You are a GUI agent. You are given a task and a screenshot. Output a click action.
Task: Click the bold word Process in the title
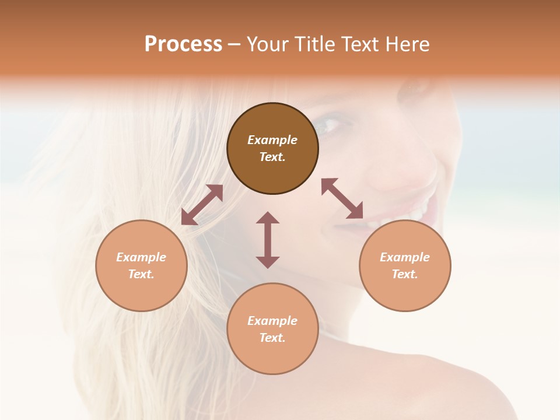coord(183,44)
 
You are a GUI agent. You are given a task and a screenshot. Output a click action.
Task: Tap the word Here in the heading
coord(408,44)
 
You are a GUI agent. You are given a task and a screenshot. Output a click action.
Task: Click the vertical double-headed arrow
coord(268,240)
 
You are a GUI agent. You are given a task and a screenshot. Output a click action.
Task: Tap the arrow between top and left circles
coord(202,204)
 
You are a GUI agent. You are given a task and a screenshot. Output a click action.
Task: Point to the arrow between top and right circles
coord(342,198)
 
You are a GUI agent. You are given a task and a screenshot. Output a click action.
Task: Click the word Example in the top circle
coord(272,140)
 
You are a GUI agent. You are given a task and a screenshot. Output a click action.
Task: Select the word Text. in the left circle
coord(141,274)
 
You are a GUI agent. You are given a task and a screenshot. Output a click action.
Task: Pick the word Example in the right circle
coord(405,257)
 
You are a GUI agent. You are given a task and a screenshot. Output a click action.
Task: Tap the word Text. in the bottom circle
coord(272,338)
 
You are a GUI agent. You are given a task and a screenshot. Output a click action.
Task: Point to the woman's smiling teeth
coord(408,216)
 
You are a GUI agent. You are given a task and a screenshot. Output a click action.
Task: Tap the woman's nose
coord(402,175)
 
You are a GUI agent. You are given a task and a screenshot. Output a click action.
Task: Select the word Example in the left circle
coord(141,257)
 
